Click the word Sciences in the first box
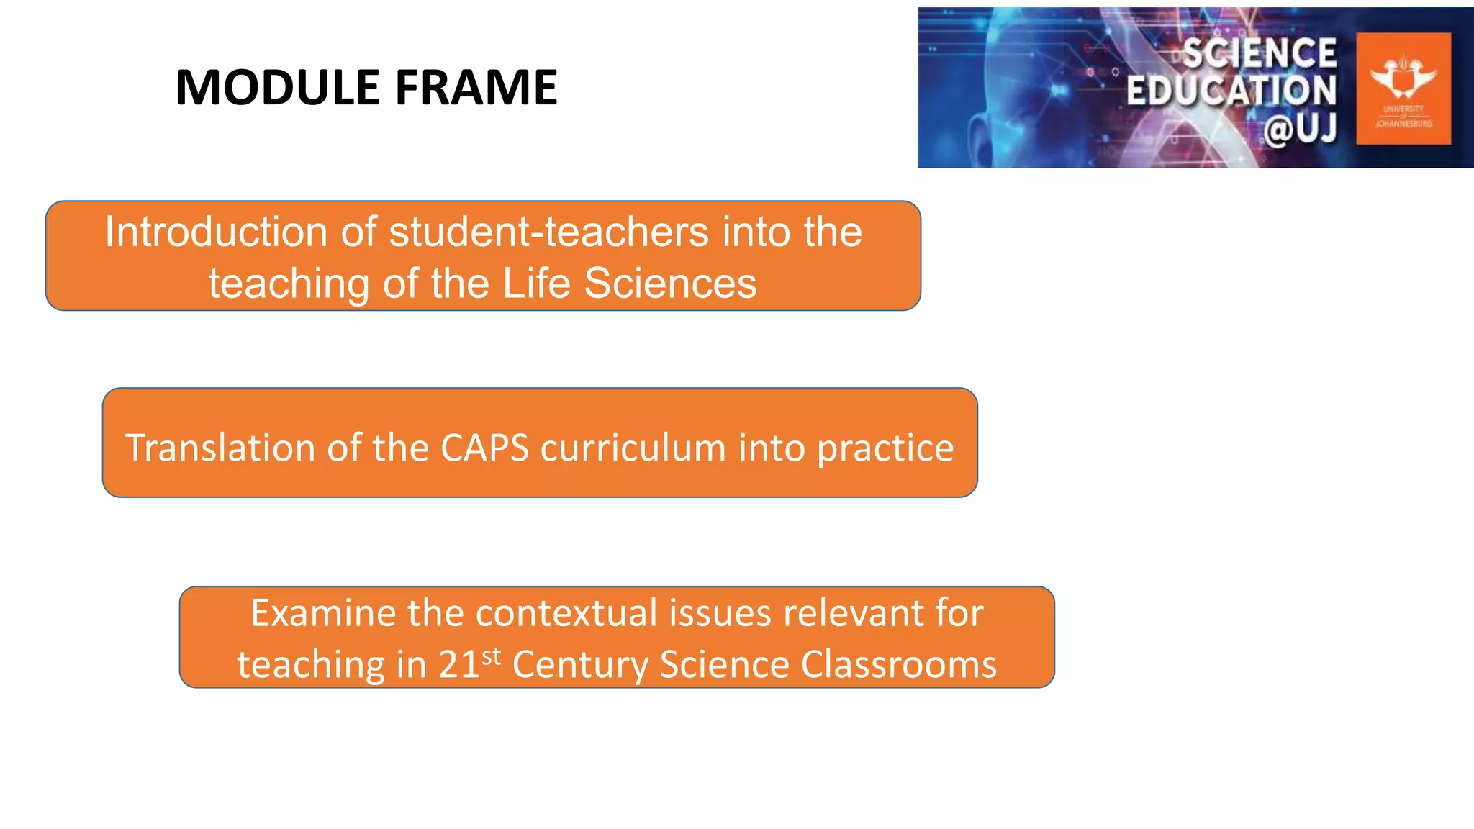pos(670,283)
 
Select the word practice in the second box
pos(885,448)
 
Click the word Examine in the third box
pos(323,613)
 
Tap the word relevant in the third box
pos(854,613)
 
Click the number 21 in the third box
pos(459,664)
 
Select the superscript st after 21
pos(492,656)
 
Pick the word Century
pos(580,664)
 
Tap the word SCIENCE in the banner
pos(1260,53)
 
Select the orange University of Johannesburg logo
pos(1403,89)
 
